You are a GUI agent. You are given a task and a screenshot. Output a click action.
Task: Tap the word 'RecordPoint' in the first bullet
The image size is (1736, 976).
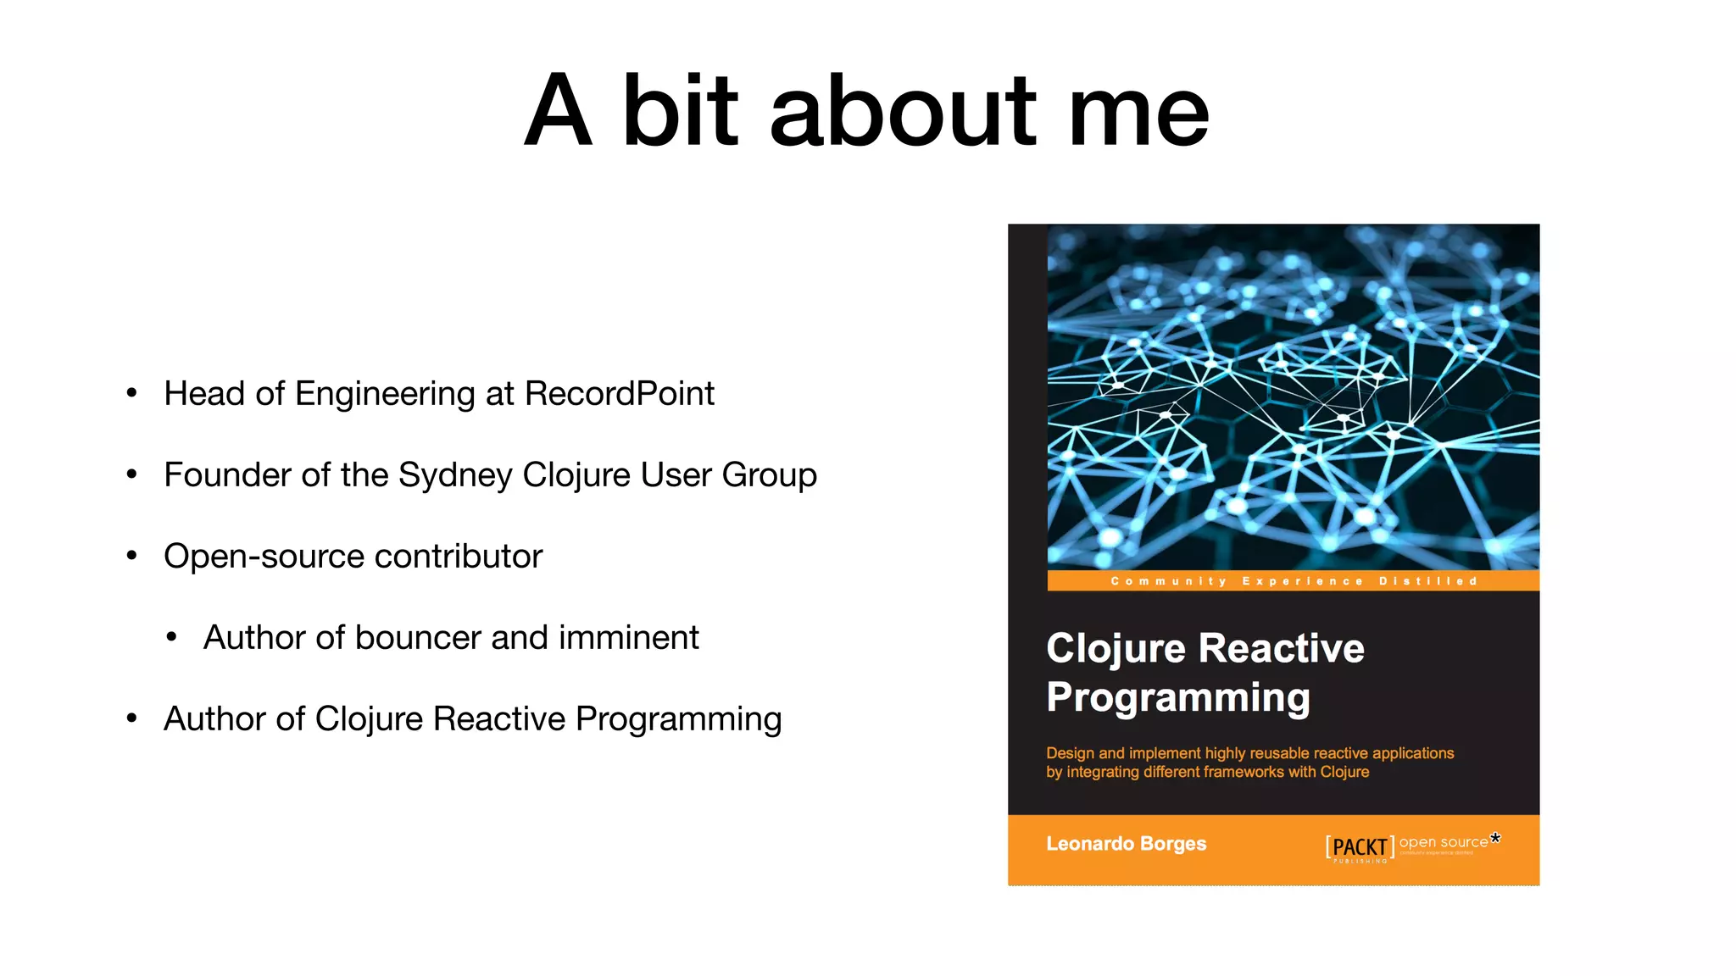pyautogui.click(x=619, y=394)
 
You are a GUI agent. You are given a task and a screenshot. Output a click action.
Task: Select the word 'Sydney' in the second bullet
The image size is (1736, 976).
pyautogui.click(x=455, y=476)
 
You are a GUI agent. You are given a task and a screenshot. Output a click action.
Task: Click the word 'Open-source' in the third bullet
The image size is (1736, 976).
pyautogui.click(x=264, y=557)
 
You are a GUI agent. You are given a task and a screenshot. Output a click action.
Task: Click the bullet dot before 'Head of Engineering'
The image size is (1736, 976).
pyautogui.click(x=131, y=393)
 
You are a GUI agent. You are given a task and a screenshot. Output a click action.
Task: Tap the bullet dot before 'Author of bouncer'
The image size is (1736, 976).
pyautogui.click(x=171, y=637)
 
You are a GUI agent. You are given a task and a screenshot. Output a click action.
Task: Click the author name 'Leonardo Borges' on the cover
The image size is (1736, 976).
pyautogui.click(x=1126, y=844)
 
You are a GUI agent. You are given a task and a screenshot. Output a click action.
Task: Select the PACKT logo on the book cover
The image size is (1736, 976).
pyautogui.click(x=1360, y=847)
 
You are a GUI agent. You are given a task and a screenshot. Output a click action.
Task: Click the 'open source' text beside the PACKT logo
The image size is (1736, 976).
pyautogui.click(x=1444, y=842)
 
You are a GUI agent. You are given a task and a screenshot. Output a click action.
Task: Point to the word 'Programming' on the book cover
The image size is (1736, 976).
pyautogui.click(x=1178, y=698)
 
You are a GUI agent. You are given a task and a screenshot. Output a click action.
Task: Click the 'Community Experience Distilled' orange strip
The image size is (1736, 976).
pyautogui.click(x=1294, y=581)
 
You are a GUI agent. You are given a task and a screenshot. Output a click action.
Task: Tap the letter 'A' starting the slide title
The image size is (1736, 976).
pyautogui.click(x=557, y=112)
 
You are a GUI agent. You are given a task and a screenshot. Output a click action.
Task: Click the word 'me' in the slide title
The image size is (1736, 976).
pyautogui.click(x=1138, y=112)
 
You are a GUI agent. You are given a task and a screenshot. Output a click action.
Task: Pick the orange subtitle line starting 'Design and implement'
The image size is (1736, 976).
pyautogui.click(x=1249, y=753)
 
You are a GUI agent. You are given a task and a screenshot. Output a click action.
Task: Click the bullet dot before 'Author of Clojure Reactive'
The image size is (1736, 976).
pyautogui.click(x=131, y=718)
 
